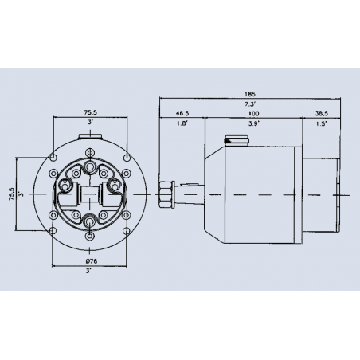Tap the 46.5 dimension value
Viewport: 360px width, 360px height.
[x=182, y=114]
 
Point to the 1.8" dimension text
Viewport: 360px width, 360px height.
[x=182, y=125]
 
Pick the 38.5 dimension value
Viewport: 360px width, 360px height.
[x=322, y=114]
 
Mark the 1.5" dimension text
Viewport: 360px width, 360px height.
[x=322, y=125]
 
